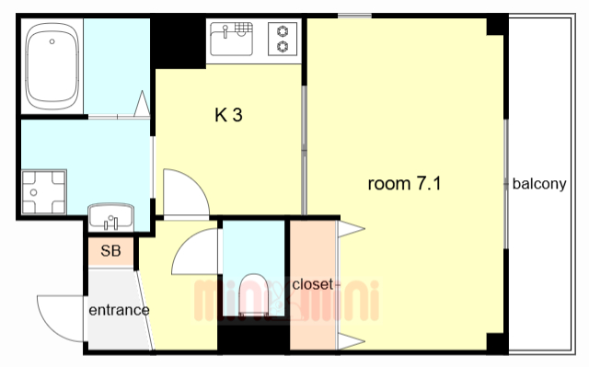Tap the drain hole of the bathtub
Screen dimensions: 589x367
coord(52,41)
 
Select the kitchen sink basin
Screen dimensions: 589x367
coord(231,39)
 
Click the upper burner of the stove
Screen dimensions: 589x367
coord(283,31)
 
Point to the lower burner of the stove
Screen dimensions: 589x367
coord(283,47)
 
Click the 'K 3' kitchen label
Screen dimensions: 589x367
coord(228,115)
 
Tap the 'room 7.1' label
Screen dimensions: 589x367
coord(404,184)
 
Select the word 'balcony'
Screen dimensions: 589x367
coord(539,184)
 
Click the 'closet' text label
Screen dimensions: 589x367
coord(313,284)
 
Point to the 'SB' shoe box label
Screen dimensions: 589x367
coord(110,251)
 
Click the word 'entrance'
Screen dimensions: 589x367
coord(119,310)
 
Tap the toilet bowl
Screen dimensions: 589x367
coord(253,293)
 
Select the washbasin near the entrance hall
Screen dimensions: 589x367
coord(110,216)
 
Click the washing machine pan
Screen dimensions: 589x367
coord(44,192)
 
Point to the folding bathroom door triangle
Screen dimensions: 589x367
coord(143,104)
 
